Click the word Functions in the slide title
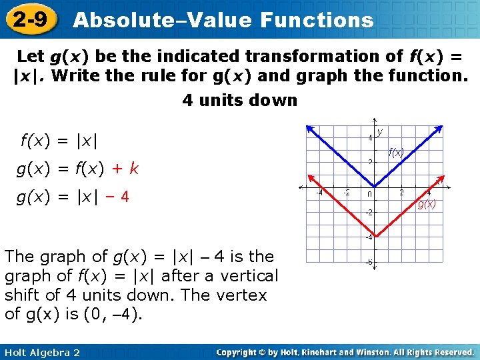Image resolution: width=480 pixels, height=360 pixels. (317, 20)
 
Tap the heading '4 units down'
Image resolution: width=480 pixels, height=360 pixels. (240, 101)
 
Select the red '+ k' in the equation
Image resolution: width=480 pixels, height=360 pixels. (126, 169)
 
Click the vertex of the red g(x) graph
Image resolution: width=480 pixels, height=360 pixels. (374, 236)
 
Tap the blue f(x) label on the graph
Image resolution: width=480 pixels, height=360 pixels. (397, 153)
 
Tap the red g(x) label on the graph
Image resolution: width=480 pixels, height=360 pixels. (427, 205)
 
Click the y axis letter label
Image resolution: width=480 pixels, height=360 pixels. (379, 132)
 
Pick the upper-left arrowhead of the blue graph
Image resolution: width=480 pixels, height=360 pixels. (307, 127)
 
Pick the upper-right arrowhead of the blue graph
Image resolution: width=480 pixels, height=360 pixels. (441, 127)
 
